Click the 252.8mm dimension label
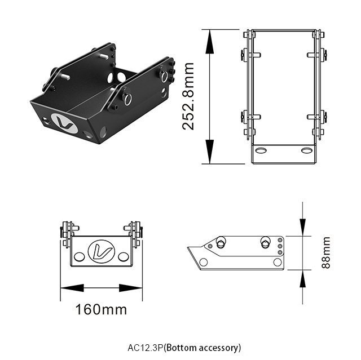[189, 96]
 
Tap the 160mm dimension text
[101, 309]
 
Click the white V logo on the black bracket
[64, 123]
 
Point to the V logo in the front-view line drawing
[102, 251]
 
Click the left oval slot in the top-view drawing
[261, 150]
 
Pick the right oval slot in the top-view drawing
[307, 150]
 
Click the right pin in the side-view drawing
[265, 242]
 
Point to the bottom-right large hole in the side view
[277, 262]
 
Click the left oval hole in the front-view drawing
[79, 257]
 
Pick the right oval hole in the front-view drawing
[124, 257]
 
